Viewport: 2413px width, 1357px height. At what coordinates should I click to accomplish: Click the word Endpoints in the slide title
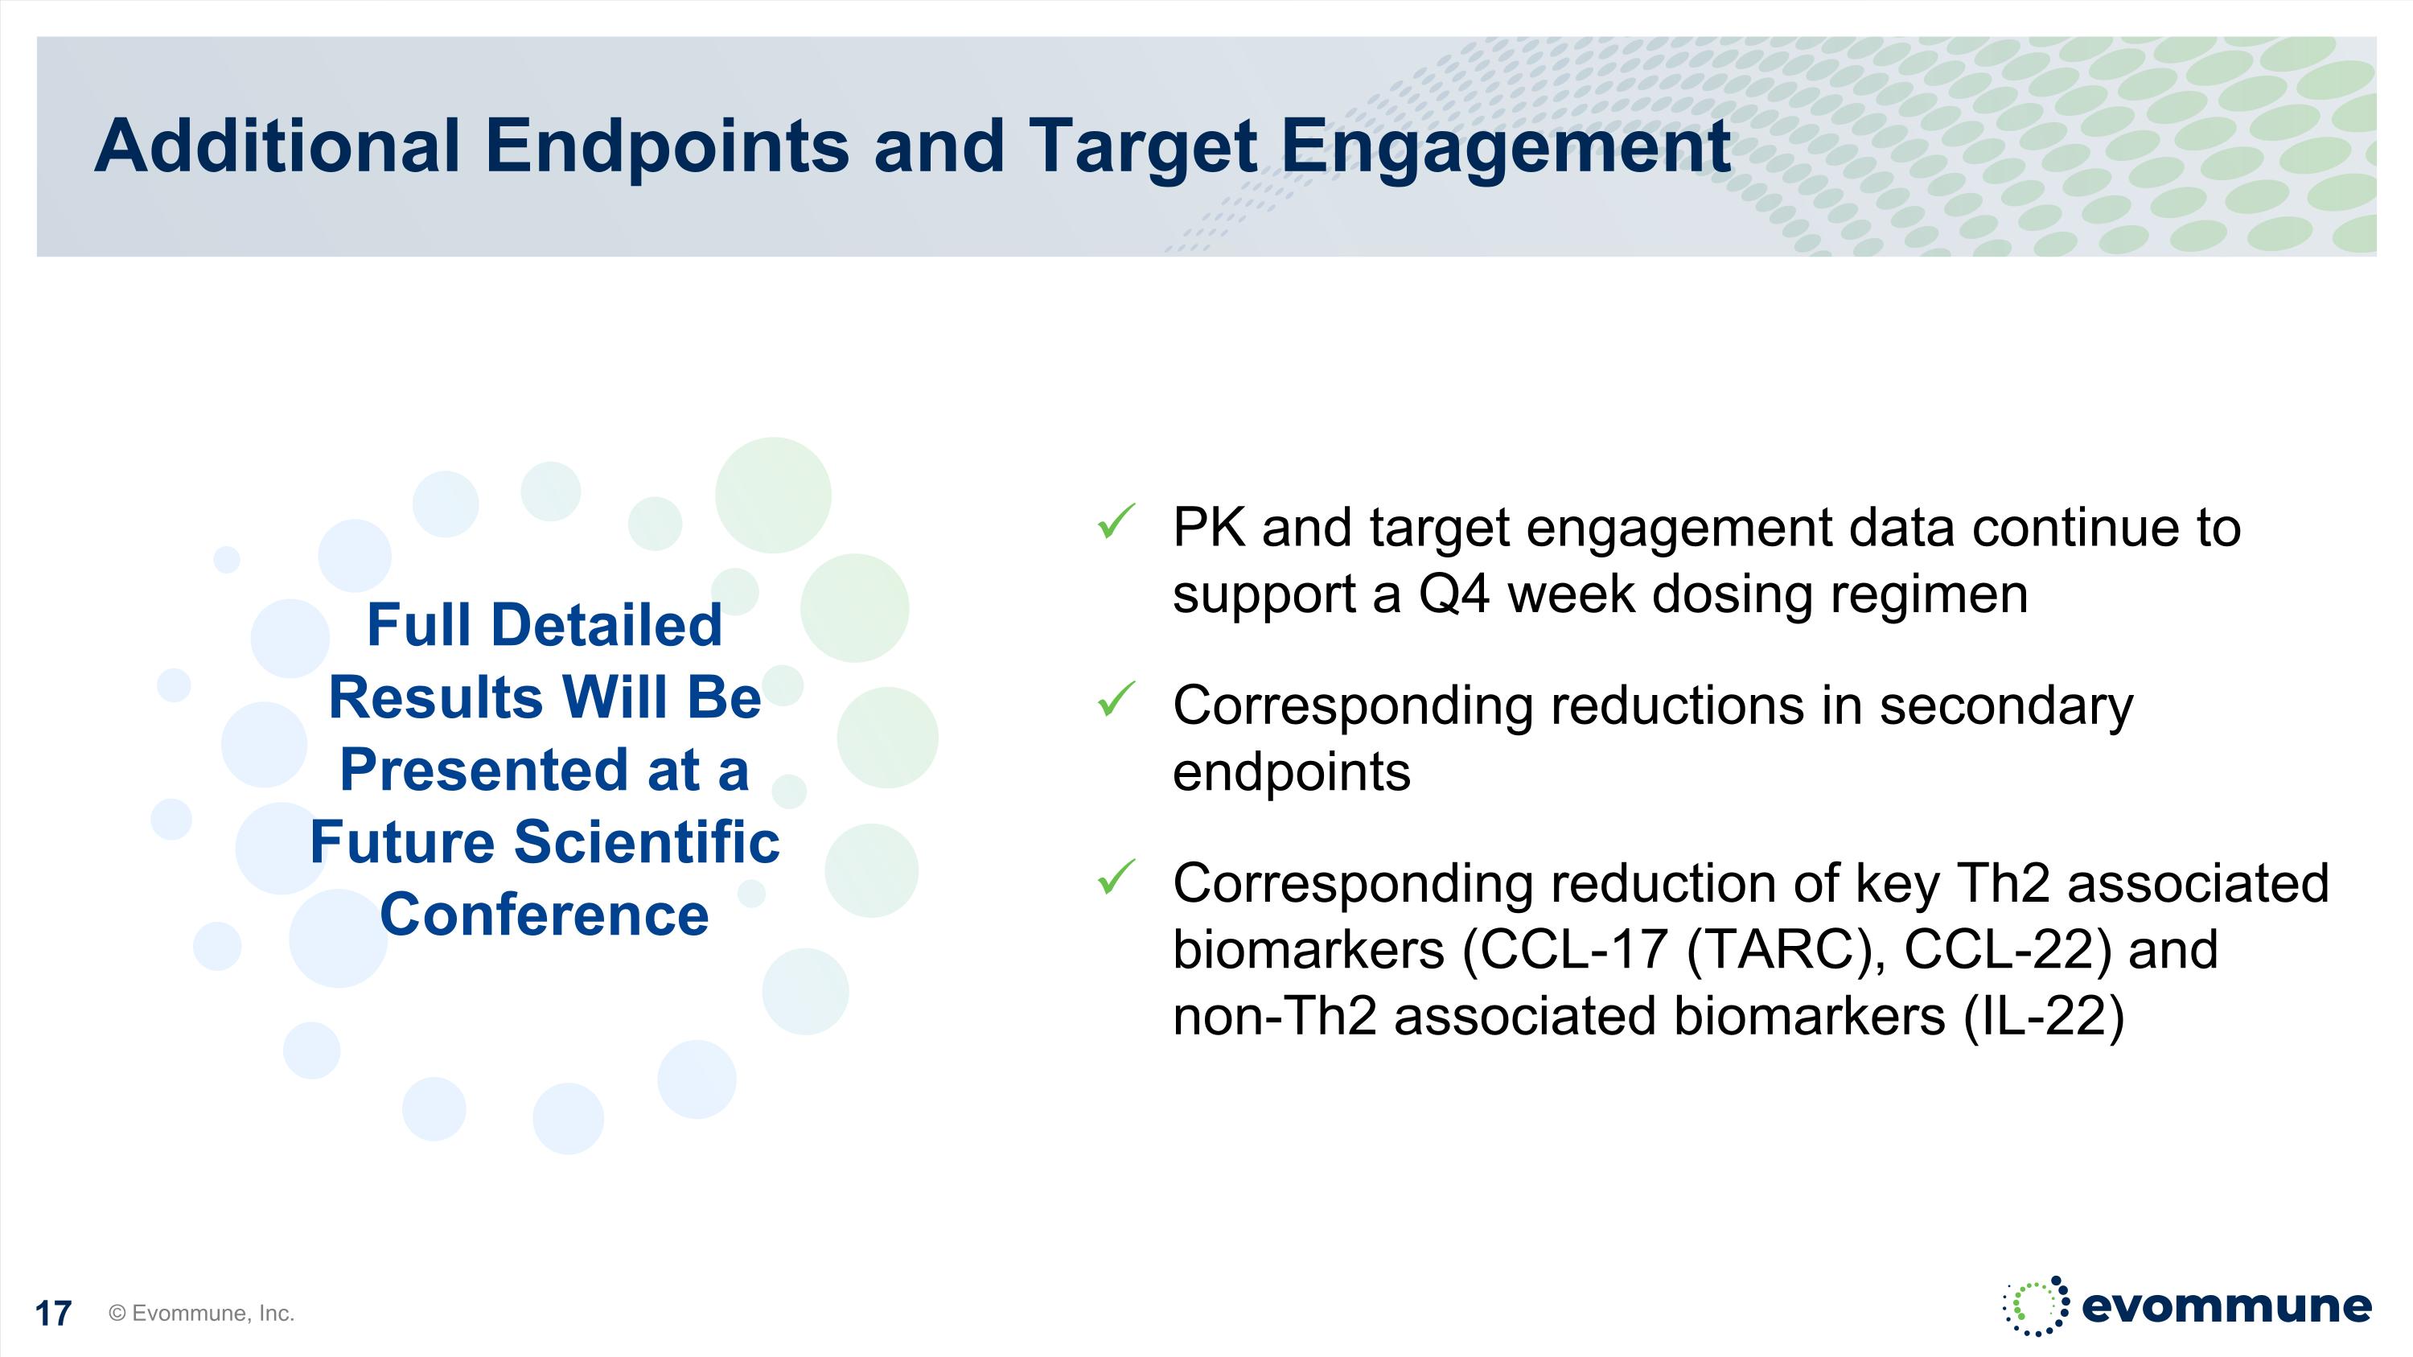click(x=667, y=148)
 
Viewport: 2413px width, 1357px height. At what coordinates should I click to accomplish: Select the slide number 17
click(x=52, y=1313)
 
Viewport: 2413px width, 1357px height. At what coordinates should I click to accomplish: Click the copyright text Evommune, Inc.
click(x=201, y=1313)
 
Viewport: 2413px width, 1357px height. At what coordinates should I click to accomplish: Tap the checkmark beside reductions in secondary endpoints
click(x=1116, y=700)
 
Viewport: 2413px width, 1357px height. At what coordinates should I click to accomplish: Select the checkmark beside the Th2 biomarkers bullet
click(x=1116, y=878)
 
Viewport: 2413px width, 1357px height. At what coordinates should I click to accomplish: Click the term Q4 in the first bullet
click(x=1453, y=594)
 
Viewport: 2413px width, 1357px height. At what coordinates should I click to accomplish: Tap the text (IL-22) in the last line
click(x=2044, y=1017)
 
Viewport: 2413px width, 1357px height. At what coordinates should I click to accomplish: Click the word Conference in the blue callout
click(x=545, y=915)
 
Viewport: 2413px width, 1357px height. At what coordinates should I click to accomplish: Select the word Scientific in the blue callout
click(x=647, y=842)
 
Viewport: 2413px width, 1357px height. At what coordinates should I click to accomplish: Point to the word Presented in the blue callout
click(x=483, y=770)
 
